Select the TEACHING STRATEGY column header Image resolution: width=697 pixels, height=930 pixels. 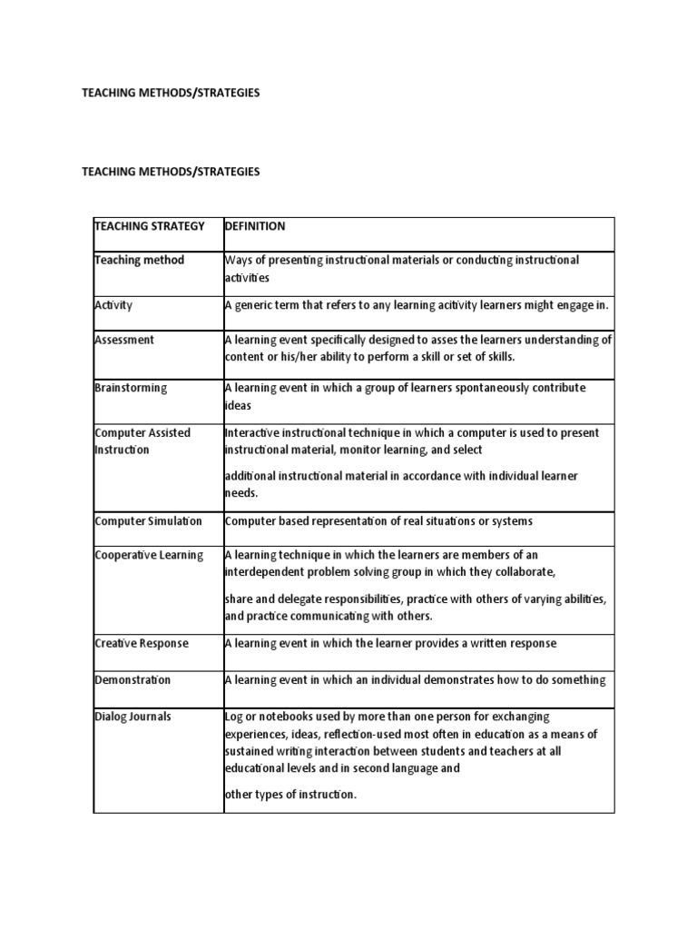point(149,226)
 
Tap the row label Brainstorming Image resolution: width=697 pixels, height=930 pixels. point(131,388)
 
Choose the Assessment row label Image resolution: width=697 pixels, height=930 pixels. point(124,340)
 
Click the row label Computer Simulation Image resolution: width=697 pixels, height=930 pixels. point(149,521)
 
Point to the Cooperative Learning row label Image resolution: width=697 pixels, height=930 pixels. point(149,555)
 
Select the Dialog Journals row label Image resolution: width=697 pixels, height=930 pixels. point(133,717)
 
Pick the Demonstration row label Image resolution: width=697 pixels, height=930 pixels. point(133,680)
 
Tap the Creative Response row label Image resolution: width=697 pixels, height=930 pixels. point(142,643)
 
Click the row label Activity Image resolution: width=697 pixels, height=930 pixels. point(113,305)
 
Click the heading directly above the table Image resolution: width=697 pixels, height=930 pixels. point(171,172)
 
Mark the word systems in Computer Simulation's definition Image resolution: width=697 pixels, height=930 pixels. point(510,521)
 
